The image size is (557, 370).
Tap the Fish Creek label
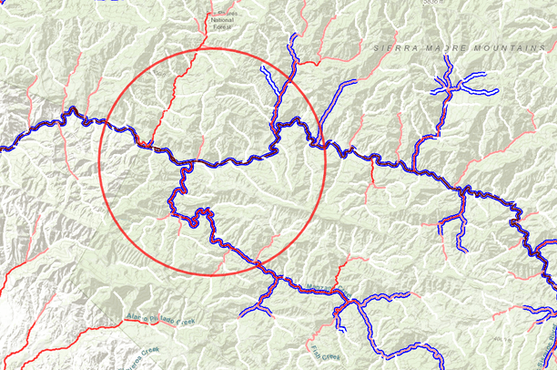pyautogui.click(x=323, y=354)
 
